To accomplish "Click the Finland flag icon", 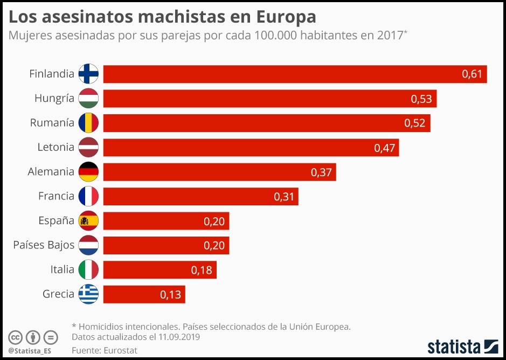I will tap(88, 74).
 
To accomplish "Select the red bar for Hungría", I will tap(269, 99).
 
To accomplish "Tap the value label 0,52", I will tap(414, 123).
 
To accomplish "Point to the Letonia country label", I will tap(56, 147).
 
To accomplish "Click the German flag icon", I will tap(88, 172).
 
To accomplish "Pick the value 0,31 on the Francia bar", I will tap(284, 197).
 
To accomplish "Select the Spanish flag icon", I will tap(88, 221).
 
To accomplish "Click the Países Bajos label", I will tap(44, 245).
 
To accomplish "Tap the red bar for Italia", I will tap(160, 270).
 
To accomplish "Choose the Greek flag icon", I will tap(88, 294).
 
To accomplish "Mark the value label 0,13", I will tap(170, 295).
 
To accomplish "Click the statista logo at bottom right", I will tap(463, 345).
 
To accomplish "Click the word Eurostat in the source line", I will tap(121, 350).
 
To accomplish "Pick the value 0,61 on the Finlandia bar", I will tap(472, 74).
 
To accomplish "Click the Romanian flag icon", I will tap(88, 123).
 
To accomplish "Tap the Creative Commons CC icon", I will tap(16, 338).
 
